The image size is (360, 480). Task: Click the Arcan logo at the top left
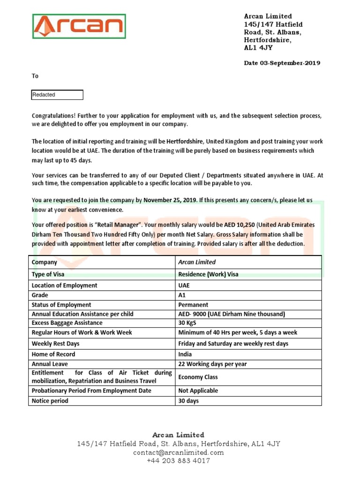coord(79,26)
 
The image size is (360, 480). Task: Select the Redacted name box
coord(57,95)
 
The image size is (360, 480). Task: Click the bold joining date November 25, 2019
coord(170,200)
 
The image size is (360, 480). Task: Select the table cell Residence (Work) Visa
coord(208,274)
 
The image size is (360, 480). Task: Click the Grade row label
coord(40,295)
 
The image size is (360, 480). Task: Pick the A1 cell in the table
coord(182,295)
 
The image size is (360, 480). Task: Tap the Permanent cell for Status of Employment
coord(193,305)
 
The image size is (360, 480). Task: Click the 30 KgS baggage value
coord(187,323)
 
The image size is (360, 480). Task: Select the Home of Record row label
coord(53,354)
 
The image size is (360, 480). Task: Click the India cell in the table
coord(185,354)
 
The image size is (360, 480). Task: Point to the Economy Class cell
coord(198,377)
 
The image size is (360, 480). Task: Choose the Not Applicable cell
coord(198,390)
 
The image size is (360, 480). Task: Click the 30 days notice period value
coord(188,401)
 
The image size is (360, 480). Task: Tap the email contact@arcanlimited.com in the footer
coord(179,452)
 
